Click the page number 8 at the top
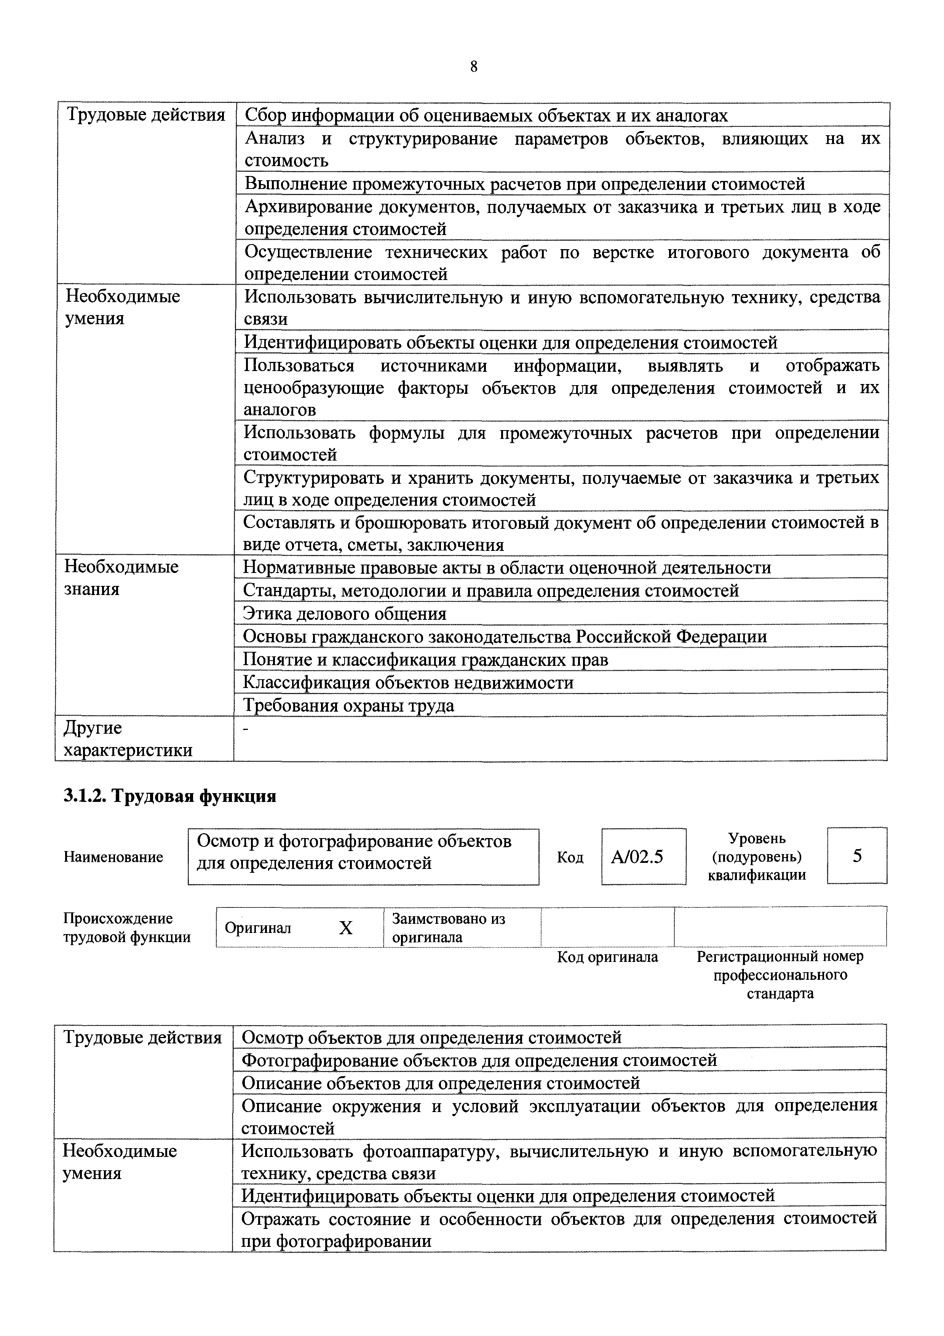473,67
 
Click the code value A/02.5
637,856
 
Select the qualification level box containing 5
857,855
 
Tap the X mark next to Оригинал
345,928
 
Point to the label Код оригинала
607,957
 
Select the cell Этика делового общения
344,613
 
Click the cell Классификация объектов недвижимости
408,682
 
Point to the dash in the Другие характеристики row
245,730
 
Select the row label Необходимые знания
121,577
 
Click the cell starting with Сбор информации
486,115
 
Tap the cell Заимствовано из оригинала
448,928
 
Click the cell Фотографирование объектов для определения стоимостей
479,1060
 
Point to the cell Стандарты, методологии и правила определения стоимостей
490,590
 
